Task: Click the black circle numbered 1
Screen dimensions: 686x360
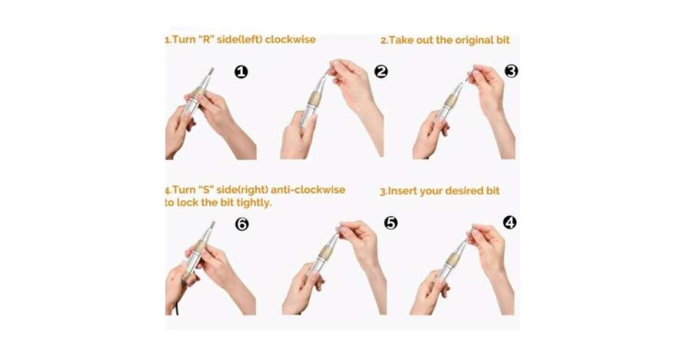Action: tap(241, 72)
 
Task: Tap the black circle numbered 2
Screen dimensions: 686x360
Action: tap(381, 71)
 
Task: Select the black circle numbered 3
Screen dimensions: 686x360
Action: tap(511, 71)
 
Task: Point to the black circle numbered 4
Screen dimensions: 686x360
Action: tap(510, 222)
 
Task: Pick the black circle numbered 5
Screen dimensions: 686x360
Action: tap(391, 223)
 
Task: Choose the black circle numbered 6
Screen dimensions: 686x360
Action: tap(242, 224)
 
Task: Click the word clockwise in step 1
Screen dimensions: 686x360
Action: tap(290, 40)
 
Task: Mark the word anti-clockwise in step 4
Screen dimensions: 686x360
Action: tap(308, 190)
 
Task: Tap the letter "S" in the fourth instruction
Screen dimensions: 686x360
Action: tap(205, 190)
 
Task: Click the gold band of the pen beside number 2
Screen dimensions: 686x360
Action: tap(315, 98)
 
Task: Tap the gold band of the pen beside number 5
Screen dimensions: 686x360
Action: tap(325, 252)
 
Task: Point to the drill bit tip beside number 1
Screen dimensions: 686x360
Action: tap(212, 71)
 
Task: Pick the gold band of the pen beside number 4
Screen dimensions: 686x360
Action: tap(452, 259)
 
